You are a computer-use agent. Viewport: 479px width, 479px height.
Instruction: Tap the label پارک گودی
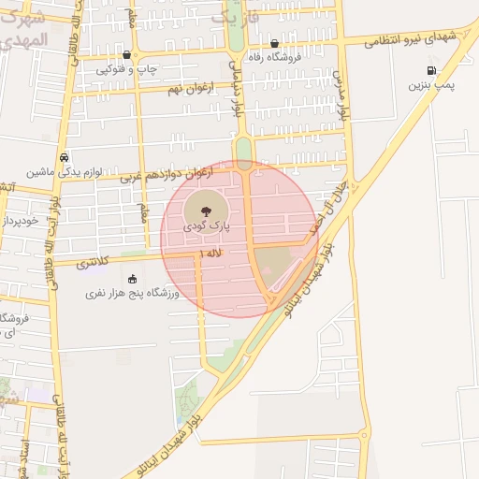pos(206,225)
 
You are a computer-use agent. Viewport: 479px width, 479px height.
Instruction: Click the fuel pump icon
pos(430,69)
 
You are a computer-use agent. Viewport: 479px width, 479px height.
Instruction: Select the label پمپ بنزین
pos(431,85)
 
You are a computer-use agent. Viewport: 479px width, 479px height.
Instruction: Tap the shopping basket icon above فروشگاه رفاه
pos(273,43)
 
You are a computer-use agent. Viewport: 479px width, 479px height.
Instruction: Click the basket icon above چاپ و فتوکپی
pos(127,54)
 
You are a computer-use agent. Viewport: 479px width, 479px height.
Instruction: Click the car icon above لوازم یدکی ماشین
pos(63,157)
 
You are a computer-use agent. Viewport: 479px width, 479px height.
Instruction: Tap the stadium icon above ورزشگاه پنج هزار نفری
pos(132,278)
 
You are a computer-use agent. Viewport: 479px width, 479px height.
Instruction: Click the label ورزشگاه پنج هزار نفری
pos(132,293)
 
